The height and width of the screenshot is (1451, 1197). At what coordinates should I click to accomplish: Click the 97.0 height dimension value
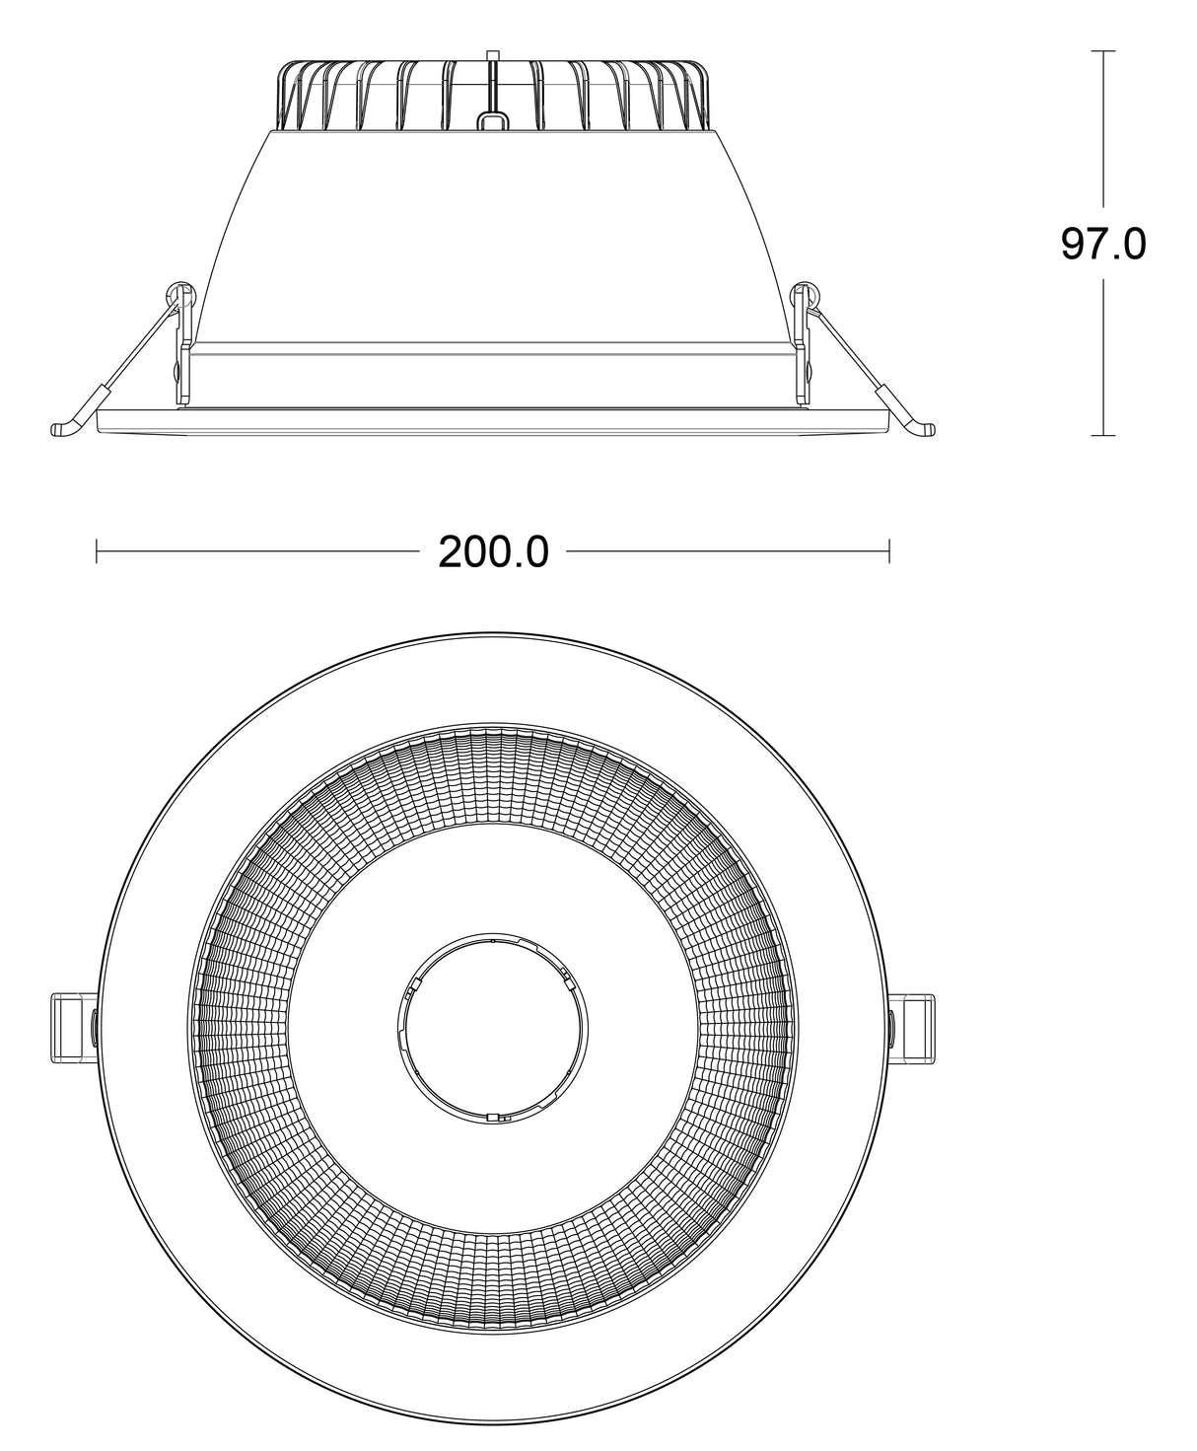(1102, 244)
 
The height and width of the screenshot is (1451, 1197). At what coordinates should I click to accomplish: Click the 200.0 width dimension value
(493, 553)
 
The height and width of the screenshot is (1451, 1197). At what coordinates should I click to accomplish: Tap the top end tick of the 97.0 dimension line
(1103, 50)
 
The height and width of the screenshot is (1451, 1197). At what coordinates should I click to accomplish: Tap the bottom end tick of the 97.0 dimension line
(1103, 435)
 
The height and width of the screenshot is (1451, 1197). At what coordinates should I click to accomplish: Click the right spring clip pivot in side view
(807, 293)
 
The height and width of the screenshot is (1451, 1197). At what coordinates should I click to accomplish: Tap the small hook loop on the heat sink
(492, 121)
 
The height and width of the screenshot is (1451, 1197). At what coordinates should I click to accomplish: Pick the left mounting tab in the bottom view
(71, 1027)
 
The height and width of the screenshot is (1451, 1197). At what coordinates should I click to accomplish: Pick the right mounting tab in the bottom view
(914, 1027)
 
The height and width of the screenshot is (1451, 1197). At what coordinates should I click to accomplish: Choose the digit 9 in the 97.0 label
(1076, 244)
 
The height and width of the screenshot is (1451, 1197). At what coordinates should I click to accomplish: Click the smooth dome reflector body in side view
(492, 237)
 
